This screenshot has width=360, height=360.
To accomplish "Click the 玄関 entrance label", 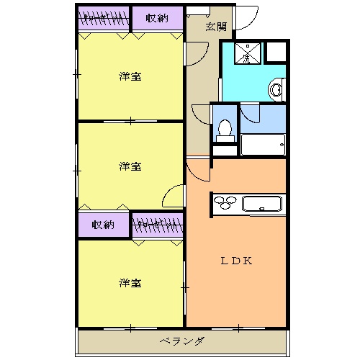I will tap(215, 27).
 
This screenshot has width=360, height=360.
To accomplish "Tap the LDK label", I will tap(235, 261).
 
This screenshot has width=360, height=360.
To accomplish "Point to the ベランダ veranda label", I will tap(181, 341).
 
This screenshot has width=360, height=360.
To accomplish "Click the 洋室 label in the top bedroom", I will tap(130, 76).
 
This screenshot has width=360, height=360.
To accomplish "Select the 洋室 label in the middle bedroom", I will tap(130, 166).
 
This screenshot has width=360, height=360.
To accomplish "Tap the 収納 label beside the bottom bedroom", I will tap(104, 225).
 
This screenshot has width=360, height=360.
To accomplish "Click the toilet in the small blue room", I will tap(225, 130).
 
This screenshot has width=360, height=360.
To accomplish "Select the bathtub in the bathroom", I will tap(264, 144).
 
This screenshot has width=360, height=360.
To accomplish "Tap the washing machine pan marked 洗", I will tap(246, 53).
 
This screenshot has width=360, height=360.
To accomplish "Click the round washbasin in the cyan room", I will tap(276, 89).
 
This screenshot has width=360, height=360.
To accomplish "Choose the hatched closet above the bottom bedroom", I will tap(156, 225).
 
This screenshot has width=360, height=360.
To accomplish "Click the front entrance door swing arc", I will tap(248, 17).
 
